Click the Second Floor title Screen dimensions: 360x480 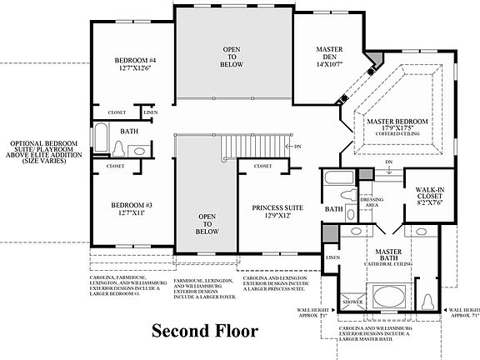[x=204, y=331]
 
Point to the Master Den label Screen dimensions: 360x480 [x=329, y=54]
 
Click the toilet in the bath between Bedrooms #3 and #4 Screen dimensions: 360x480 [x=117, y=148]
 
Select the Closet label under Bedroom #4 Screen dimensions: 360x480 [x=116, y=112]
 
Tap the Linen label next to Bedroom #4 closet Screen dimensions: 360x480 [x=150, y=112]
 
